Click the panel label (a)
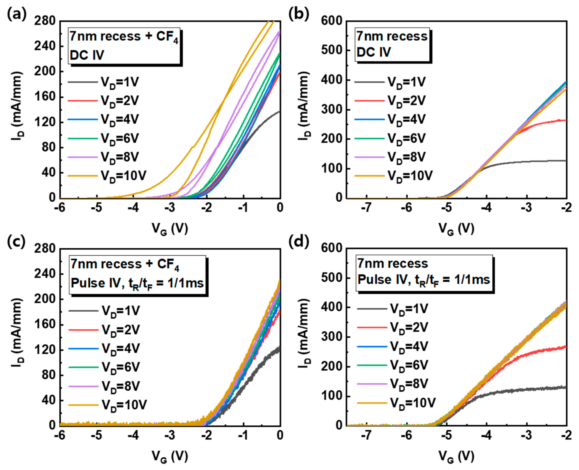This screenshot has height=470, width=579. click(x=17, y=14)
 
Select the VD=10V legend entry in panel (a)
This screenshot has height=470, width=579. click(x=107, y=176)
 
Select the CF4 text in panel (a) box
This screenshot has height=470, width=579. click(x=167, y=37)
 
